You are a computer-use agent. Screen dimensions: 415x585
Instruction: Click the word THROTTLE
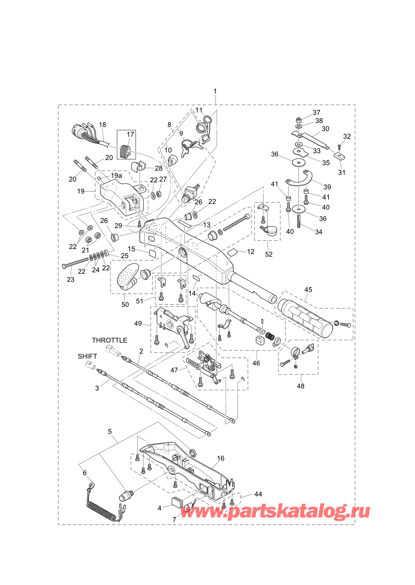coord(109,340)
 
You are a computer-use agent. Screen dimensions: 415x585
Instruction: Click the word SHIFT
coord(87,356)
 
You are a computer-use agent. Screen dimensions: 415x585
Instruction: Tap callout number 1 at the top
coord(215,92)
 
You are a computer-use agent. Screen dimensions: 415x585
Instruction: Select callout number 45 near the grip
coord(308,290)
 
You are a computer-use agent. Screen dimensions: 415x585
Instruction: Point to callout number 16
coord(221,458)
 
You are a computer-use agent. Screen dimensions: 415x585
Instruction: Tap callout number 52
coord(269,254)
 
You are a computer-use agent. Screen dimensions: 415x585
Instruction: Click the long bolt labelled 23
coord(75,263)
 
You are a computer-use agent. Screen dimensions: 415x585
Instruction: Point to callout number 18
coord(102,125)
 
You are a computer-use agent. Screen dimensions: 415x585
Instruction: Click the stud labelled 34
coord(298,221)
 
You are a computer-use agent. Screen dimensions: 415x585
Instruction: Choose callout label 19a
coord(116,176)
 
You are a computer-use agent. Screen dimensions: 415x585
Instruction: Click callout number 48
coord(301,386)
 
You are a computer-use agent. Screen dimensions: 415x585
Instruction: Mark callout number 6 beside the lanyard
coord(85,472)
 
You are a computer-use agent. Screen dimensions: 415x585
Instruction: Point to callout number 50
coord(125,304)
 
